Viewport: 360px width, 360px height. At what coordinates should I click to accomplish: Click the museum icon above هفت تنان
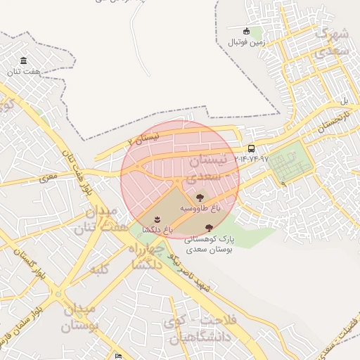tap(25, 60)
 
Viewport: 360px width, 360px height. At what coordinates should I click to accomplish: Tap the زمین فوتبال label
tap(245, 42)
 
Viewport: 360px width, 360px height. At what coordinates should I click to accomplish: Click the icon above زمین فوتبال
tap(246, 31)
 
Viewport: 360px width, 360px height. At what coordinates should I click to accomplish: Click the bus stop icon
tap(252, 148)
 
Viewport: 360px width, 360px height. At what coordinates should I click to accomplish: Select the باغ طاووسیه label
tap(200, 209)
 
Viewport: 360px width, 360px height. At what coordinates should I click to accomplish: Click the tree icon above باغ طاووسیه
tap(200, 198)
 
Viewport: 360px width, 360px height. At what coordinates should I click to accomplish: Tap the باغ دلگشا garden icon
tap(156, 219)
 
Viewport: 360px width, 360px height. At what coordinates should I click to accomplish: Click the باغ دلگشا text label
tap(157, 229)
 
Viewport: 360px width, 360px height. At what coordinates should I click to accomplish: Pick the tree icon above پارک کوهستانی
tap(209, 227)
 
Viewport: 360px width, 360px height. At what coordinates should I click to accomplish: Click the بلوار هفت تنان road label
tap(77, 176)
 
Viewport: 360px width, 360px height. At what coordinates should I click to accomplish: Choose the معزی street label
tap(49, 179)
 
